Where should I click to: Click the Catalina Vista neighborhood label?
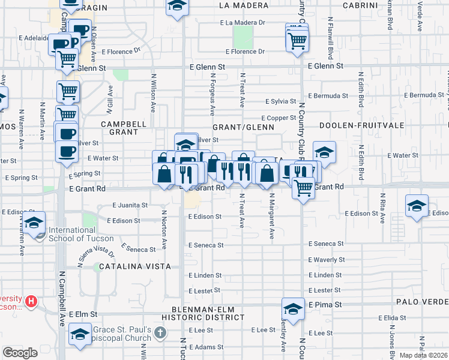coord(135,266)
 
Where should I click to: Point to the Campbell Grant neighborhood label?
coord(124,128)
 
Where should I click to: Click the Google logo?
coord(20,353)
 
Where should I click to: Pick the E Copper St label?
coord(278,118)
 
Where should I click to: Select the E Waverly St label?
coord(326,260)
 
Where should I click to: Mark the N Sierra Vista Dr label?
coord(96,255)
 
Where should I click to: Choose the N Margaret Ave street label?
coord(271,216)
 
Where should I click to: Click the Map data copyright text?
coord(424,355)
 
